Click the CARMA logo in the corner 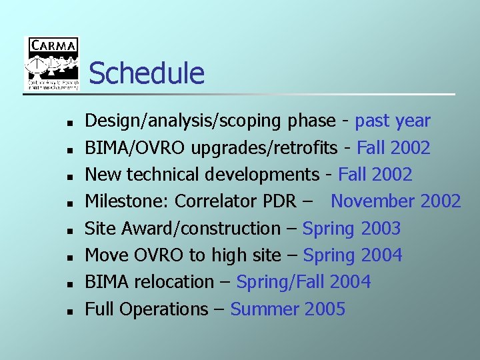click(52, 64)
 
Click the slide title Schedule click(146, 73)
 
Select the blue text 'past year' click(393, 121)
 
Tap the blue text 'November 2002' click(395, 201)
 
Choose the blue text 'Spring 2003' click(351, 229)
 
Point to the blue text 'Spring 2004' click(353, 255)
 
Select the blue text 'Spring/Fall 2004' click(303, 282)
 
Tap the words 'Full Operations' click(147, 309)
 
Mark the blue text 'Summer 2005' click(287, 309)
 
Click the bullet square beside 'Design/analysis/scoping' click(69, 123)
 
